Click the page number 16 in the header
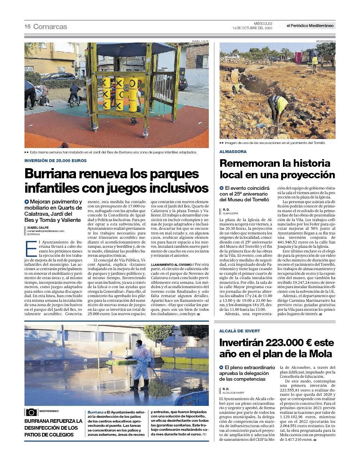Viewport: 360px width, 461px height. (x=27, y=27)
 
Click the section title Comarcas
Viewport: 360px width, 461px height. (x=50, y=27)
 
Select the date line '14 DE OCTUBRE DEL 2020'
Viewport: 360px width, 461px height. (x=252, y=28)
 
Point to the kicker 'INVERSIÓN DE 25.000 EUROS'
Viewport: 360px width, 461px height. (x=55, y=161)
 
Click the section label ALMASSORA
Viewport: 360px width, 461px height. (x=233, y=152)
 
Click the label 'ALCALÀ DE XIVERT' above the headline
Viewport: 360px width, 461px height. (x=239, y=331)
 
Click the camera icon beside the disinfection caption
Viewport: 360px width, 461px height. (x=31, y=412)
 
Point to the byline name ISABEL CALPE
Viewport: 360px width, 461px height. (x=38, y=228)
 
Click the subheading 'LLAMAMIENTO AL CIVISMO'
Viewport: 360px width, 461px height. (x=171, y=264)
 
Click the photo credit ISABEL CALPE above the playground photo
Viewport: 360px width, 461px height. (x=200, y=41)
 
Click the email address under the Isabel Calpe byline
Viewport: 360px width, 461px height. (x=46, y=231)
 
